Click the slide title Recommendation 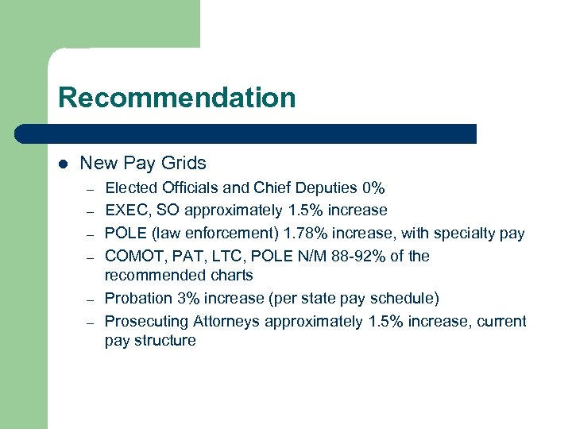[x=176, y=98]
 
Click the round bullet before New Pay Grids [x=63, y=164]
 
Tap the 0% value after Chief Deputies [x=373, y=188]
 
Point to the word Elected [x=131, y=188]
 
